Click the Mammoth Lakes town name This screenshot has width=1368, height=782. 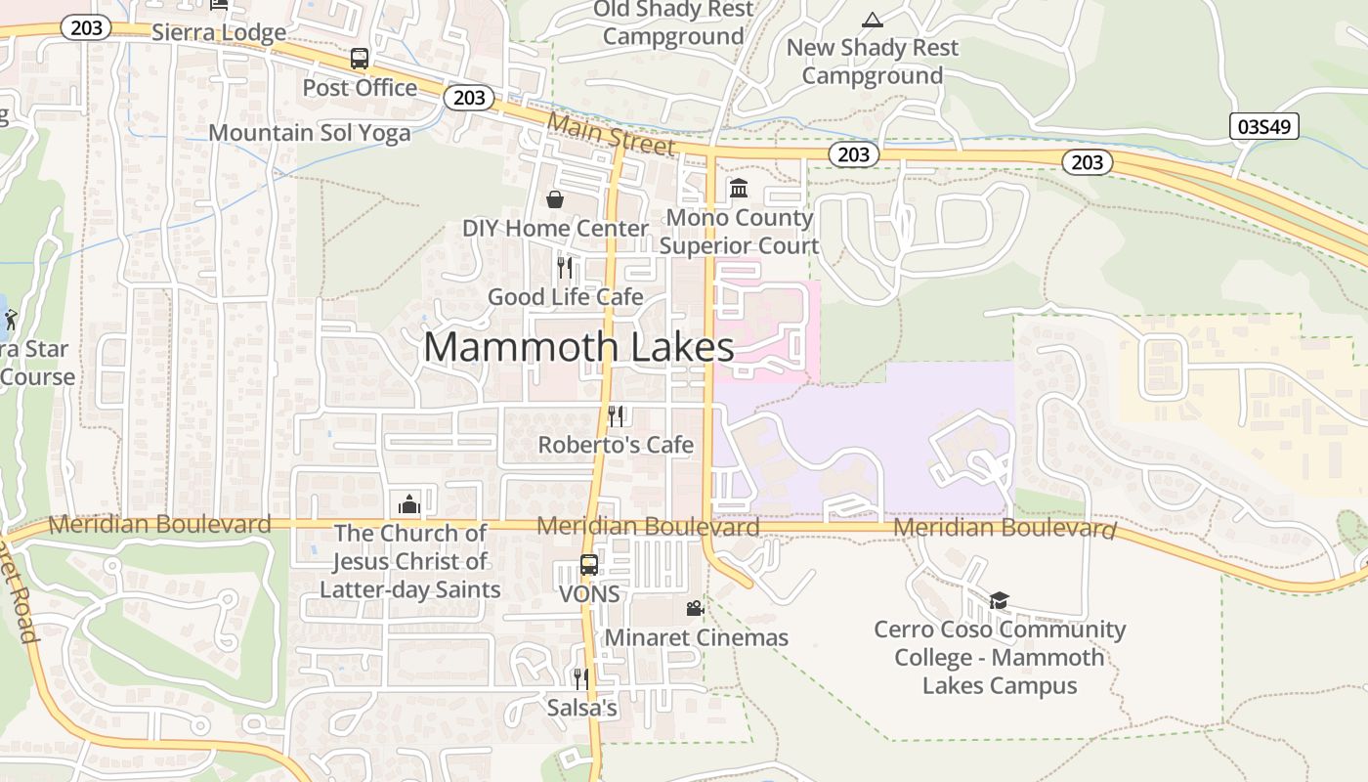click(578, 347)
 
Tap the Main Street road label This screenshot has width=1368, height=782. click(611, 135)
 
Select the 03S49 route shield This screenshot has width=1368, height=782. click(1263, 126)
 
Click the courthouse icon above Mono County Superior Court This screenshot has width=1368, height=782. click(739, 187)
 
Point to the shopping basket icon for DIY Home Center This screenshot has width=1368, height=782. click(555, 199)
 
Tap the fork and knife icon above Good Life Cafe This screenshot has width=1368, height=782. click(565, 267)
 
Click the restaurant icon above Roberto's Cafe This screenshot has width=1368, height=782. click(616, 415)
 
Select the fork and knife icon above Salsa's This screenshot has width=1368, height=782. click(581, 678)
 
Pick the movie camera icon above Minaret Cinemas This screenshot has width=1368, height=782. click(695, 608)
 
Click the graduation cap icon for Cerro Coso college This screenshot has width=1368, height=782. click(999, 600)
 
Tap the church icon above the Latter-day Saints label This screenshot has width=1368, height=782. click(408, 503)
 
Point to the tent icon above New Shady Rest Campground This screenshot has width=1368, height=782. click(872, 19)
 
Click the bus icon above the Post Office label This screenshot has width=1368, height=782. click(360, 59)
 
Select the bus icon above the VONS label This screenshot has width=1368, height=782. click(589, 565)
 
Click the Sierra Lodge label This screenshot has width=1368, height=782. click(219, 32)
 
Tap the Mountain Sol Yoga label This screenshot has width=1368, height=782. click(310, 133)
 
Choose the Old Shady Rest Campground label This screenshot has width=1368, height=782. click(674, 23)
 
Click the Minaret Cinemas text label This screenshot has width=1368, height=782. click(697, 638)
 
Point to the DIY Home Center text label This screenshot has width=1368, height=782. click(555, 229)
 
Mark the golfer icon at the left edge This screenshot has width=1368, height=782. click(11, 319)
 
